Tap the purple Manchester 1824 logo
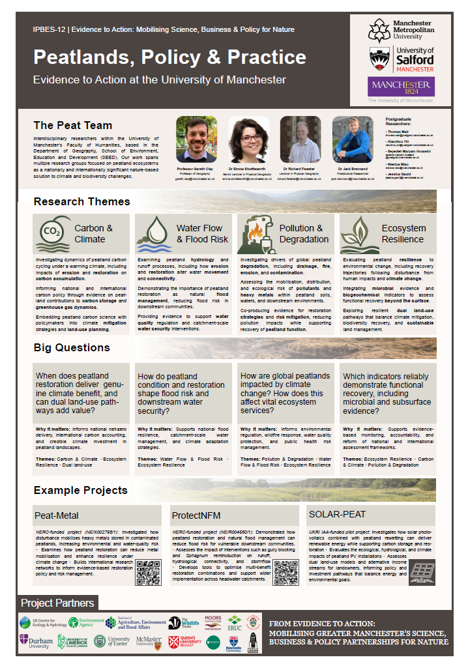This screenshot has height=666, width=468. click(x=401, y=86)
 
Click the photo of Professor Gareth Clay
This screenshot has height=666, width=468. click(x=196, y=139)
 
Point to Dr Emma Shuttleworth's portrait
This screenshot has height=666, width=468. click(x=248, y=139)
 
